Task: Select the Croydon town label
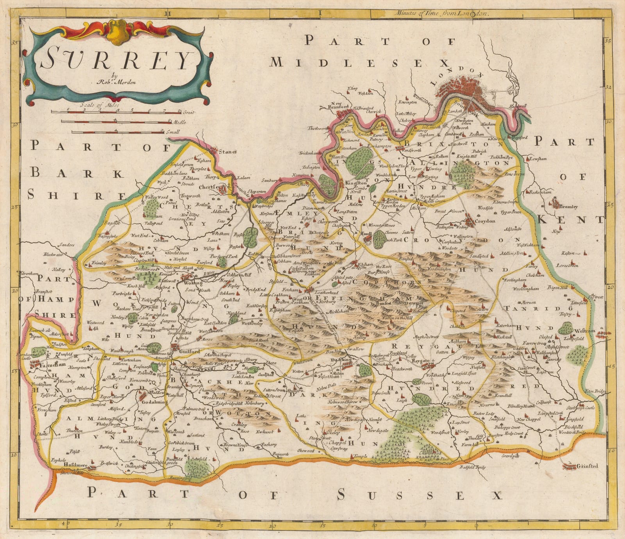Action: [485, 221]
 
